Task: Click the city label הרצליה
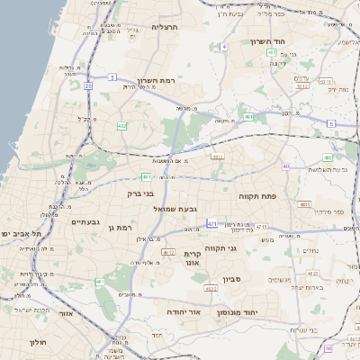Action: tap(165, 27)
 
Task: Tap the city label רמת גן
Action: tap(118, 228)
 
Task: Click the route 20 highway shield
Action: tap(88, 85)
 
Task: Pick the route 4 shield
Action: tap(222, 46)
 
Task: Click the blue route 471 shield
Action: tap(211, 222)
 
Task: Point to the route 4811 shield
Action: tap(217, 156)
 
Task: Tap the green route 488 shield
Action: tap(328, 157)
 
